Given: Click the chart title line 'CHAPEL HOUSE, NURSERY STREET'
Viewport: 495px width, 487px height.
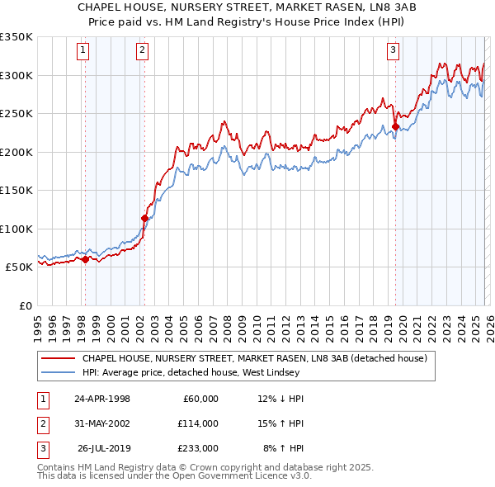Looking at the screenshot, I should pos(247,7).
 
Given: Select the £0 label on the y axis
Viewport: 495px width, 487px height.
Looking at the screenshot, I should pos(25,305).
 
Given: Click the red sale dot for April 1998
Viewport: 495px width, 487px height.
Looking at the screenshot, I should pos(85,259).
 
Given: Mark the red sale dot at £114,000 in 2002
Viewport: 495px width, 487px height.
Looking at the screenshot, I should pos(144,218).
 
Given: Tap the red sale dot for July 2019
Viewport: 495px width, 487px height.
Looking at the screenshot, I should pos(394,127).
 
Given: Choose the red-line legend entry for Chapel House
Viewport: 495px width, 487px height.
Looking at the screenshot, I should pos(254,359).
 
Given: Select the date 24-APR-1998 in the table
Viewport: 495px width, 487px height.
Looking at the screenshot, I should pos(102,399).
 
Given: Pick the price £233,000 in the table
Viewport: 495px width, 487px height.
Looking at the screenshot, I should pos(198,448).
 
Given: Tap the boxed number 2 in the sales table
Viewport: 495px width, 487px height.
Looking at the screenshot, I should pos(41,423).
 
